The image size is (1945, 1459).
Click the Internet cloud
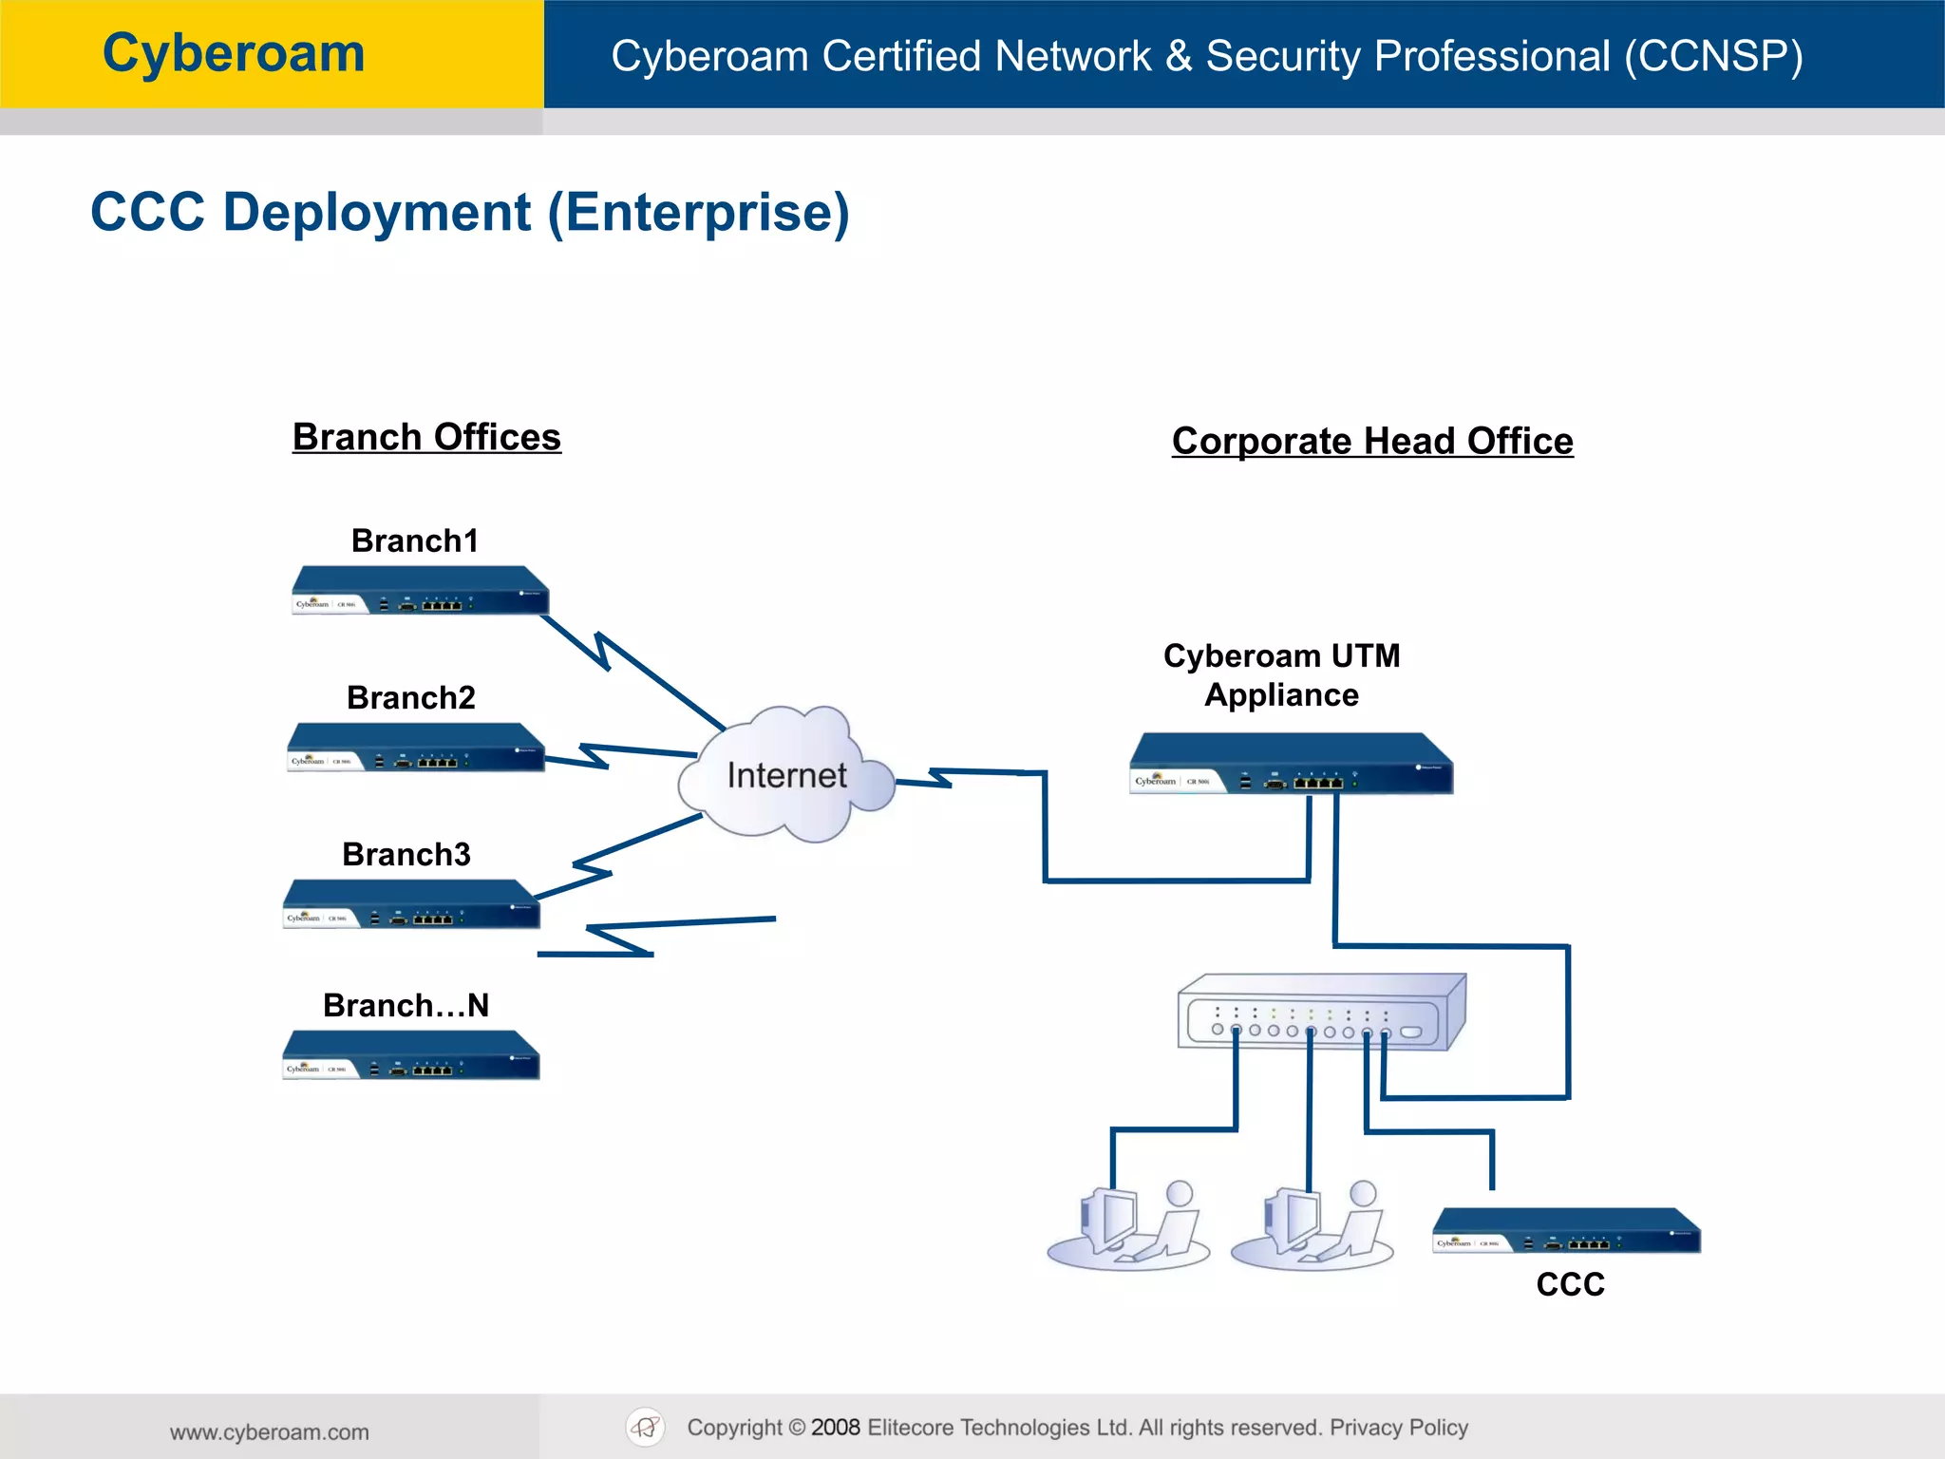coord(786,774)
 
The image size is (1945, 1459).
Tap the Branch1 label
coord(414,540)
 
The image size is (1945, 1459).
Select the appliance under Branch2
coord(416,748)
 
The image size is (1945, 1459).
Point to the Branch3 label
coord(406,854)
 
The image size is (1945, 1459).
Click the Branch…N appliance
coord(411,1055)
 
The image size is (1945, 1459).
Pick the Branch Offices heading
coord(426,437)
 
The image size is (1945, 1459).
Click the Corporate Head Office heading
coord(1371,441)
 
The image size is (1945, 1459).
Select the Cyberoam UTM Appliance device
coord(1291,764)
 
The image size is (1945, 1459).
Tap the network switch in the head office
coord(1321,1013)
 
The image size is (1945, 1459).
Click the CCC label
coord(1570,1284)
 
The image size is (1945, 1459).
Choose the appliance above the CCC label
coord(1566,1231)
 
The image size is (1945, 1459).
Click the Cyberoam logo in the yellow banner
coord(234,53)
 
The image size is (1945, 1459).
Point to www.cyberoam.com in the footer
coord(270,1431)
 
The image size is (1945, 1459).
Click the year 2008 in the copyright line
coord(835,1427)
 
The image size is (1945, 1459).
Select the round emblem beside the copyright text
coord(646,1427)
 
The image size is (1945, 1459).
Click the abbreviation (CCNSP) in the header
coord(1713,56)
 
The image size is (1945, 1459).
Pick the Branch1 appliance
coord(420,591)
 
